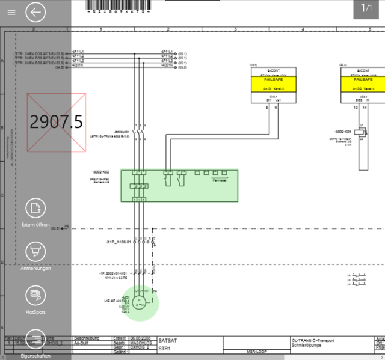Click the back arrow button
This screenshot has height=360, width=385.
click(36, 12)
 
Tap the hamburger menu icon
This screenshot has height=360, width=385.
click(11, 12)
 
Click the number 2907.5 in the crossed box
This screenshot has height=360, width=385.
click(57, 122)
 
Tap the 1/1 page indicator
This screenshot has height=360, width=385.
click(366, 8)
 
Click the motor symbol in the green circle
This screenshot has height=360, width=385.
click(140, 302)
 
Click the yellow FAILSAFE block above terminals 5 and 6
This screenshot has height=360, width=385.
click(273, 82)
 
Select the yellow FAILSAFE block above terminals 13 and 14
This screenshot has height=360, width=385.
click(363, 82)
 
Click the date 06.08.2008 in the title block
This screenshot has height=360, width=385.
click(140, 339)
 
